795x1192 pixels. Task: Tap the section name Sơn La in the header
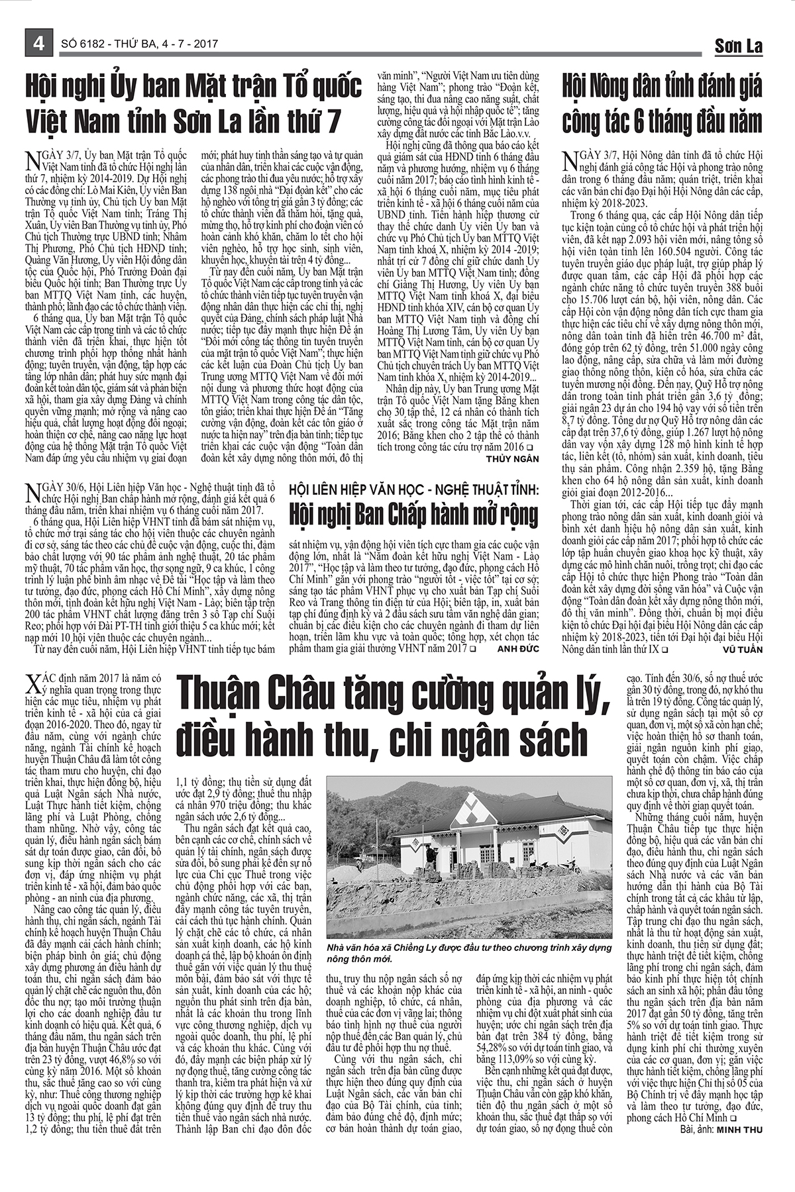click(x=738, y=46)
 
